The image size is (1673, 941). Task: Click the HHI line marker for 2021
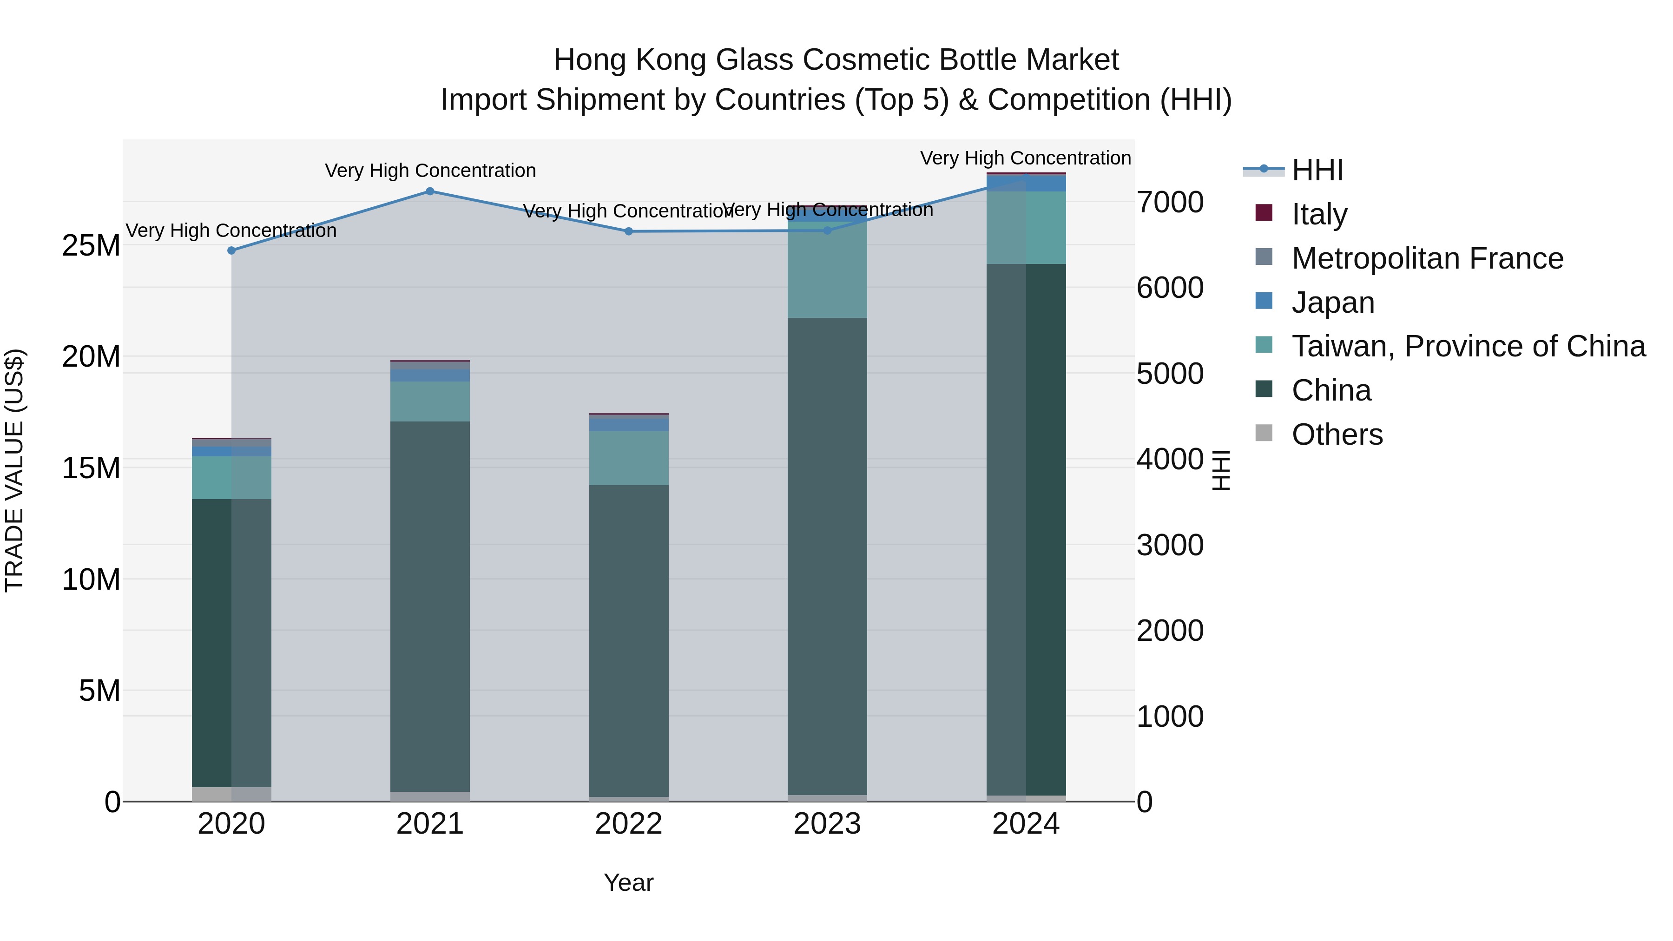430,191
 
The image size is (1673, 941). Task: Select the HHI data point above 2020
232,250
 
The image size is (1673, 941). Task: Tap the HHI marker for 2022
629,232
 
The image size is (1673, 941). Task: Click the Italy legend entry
1319,214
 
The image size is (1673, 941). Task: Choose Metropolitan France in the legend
1427,258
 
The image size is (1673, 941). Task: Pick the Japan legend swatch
1264,301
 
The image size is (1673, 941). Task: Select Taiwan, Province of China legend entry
1468,346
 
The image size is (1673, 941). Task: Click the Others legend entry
1337,434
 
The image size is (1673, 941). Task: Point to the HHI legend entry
1317,170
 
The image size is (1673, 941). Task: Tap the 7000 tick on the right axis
1170,202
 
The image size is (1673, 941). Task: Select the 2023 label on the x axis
827,824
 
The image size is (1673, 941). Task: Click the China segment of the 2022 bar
629,640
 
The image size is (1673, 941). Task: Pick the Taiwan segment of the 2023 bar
827,270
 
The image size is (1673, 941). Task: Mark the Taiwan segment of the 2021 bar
430,401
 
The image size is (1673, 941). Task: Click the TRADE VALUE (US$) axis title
14,470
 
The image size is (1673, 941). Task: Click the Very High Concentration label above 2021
430,171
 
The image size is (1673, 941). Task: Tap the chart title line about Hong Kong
836,60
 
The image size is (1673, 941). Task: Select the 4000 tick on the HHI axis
1170,460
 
